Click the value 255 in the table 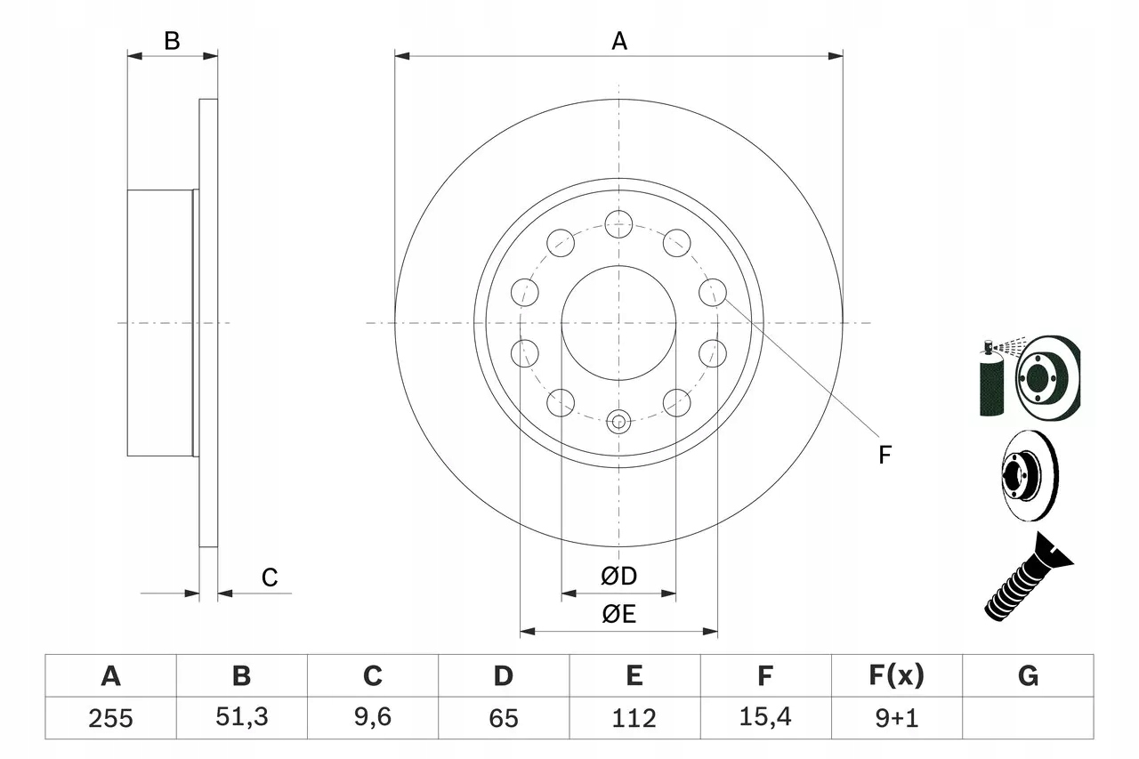[x=110, y=718]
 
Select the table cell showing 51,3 [x=241, y=718]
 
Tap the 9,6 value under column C [x=372, y=718]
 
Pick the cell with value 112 [x=634, y=718]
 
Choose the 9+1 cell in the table [x=895, y=718]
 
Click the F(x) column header [x=895, y=676]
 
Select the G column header [x=1028, y=676]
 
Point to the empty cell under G [x=1028, y=718]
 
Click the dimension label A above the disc [x=619, y=41]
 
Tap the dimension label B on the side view [x=173, y=40]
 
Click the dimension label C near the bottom [x=270, y=578]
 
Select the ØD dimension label [x=619, y=577]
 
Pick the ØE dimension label [x=619, y=615]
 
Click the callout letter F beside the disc [x=885, y=456]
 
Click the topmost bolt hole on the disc [x=618, y=223]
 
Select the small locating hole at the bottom [x=618, y=421]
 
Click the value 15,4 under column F [x=764, y=718]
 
